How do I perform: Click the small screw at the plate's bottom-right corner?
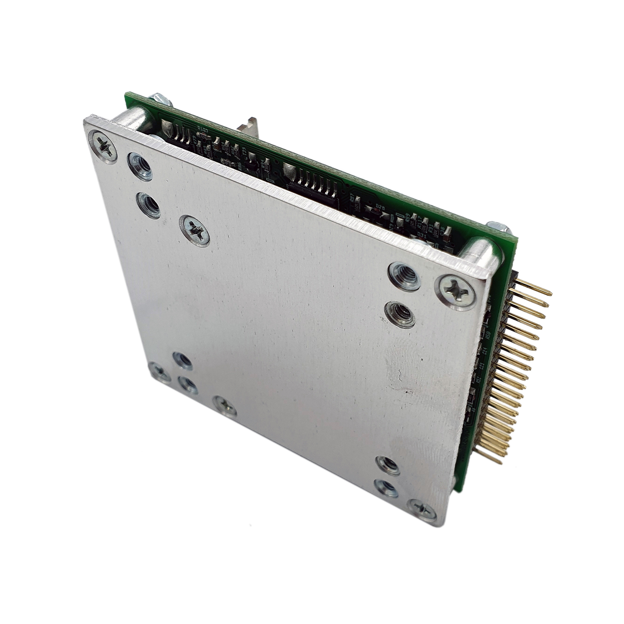[422, 509]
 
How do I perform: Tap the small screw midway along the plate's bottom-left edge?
[225, 406]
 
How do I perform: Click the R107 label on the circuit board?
[202, 129]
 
